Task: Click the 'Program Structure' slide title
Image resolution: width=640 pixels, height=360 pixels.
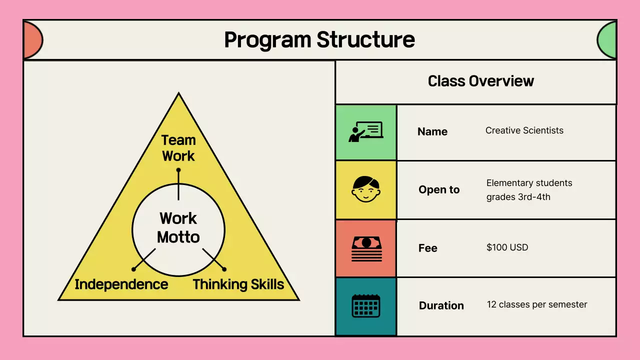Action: point(319,40)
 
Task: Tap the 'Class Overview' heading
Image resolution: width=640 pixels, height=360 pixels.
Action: point(480,81)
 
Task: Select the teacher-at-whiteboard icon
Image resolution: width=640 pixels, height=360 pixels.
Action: point(365,132)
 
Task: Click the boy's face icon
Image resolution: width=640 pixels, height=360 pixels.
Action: point(365,189)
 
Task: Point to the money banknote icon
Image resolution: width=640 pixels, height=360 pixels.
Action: point(366,248)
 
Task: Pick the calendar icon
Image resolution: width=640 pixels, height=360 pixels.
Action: point(366,305)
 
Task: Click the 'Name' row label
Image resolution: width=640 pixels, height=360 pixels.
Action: point(432,131)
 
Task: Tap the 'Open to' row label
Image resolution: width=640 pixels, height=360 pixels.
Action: point(439,189)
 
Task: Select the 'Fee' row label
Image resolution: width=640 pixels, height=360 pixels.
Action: point(428,248)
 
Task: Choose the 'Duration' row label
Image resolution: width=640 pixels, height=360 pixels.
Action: point(441,305)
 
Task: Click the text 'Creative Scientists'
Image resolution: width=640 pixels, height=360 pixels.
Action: point(524,130)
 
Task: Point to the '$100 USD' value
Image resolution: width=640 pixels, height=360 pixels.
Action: point(507,247)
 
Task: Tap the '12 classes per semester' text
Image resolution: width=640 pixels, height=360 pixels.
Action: point(537,304)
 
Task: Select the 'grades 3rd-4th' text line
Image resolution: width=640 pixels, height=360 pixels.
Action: point(518,197)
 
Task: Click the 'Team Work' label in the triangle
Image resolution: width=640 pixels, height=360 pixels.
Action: point(178,148)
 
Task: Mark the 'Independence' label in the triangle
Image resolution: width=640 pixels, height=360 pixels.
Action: point(121,284)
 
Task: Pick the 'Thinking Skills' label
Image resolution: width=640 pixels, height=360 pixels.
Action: point(238,284)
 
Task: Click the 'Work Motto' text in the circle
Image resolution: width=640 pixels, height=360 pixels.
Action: point(178,227)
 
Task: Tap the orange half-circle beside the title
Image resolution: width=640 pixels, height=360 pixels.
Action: point(32,40)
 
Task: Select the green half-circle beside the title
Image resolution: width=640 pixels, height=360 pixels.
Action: point(607,40)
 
